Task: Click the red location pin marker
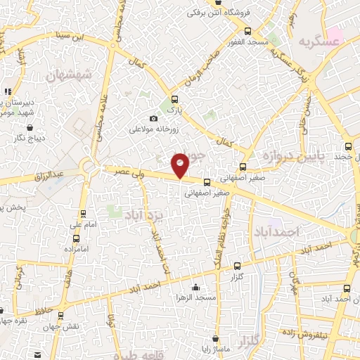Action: point(181,165)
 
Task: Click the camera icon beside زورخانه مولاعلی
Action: point(155,119)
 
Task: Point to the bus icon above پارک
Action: point(175,100)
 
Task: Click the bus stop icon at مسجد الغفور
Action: point(247,31)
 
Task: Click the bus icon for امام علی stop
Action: point(84,214)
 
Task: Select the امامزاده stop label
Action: point(75,249)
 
